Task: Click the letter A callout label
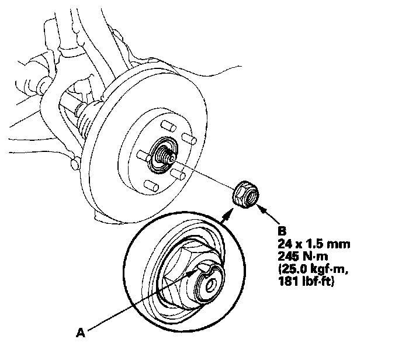pos(82,333)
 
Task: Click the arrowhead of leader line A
pos(197,273)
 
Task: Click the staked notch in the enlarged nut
pos(205,269)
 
